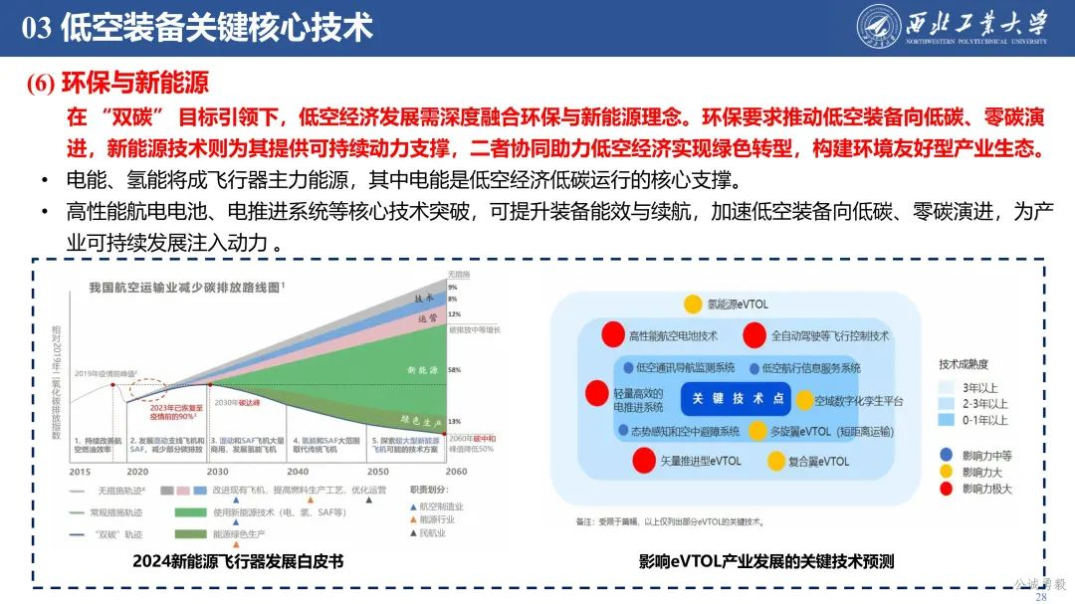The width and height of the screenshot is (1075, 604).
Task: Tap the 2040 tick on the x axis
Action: [x=298, y=471]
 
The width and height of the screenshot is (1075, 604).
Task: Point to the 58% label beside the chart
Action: [x=454, y=369]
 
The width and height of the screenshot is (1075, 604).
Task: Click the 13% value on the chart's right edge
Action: [x=454, y=421]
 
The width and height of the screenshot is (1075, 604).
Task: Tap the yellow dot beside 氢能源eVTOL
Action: [x=693, y=303]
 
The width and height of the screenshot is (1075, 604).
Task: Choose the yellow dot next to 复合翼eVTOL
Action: [x=775, y=462]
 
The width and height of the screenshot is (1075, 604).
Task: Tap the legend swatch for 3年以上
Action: [x=948, y=387]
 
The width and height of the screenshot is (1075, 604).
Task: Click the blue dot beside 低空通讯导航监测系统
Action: [x=628, y=367]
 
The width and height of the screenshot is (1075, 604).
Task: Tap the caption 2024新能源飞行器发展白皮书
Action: [x=238, y=561]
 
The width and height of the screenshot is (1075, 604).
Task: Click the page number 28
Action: [x=1042, y=596]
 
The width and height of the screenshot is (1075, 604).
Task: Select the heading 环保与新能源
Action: [x=134, y=83]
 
